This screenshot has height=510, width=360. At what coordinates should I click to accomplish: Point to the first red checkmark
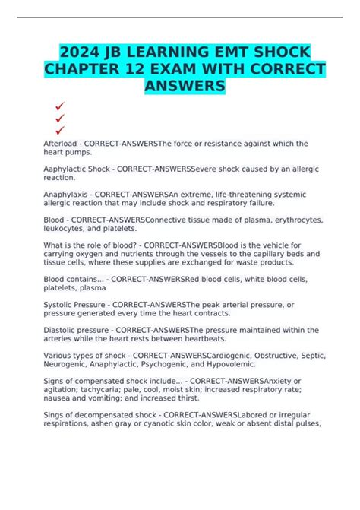tap(59, 107)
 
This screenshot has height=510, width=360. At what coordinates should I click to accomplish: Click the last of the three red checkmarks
tap(59, 129)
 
